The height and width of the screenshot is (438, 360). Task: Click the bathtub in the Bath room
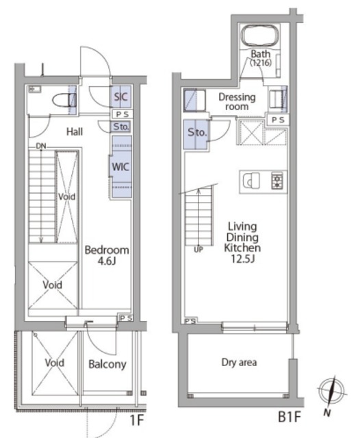[260, 36]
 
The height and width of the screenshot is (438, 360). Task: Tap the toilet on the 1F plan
[64, 101]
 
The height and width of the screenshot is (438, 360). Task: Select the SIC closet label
[120, 96]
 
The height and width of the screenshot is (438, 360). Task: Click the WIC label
[120, 167]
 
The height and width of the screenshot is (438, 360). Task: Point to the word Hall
[75, 131]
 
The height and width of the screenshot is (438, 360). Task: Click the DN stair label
[41, 146]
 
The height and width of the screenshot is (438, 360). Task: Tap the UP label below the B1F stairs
[198, 249]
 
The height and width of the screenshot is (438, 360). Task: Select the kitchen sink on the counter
[250, 181]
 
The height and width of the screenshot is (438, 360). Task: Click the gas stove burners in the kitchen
[277, 181]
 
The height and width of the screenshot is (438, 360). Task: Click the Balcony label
[107, 364]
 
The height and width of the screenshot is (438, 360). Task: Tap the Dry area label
[239, 362]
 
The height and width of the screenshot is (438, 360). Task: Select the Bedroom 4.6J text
[107, 255]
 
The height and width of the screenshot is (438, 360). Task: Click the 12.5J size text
[242, 259]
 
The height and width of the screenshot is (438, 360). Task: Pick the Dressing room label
[237, 102]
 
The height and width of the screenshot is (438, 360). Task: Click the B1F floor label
[290, 417]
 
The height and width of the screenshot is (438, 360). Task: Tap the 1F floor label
[137, 420]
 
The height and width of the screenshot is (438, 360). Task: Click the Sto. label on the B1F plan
[197, 132]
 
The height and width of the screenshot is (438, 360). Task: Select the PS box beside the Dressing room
[278, 120]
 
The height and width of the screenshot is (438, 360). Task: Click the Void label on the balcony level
[55, 363]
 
